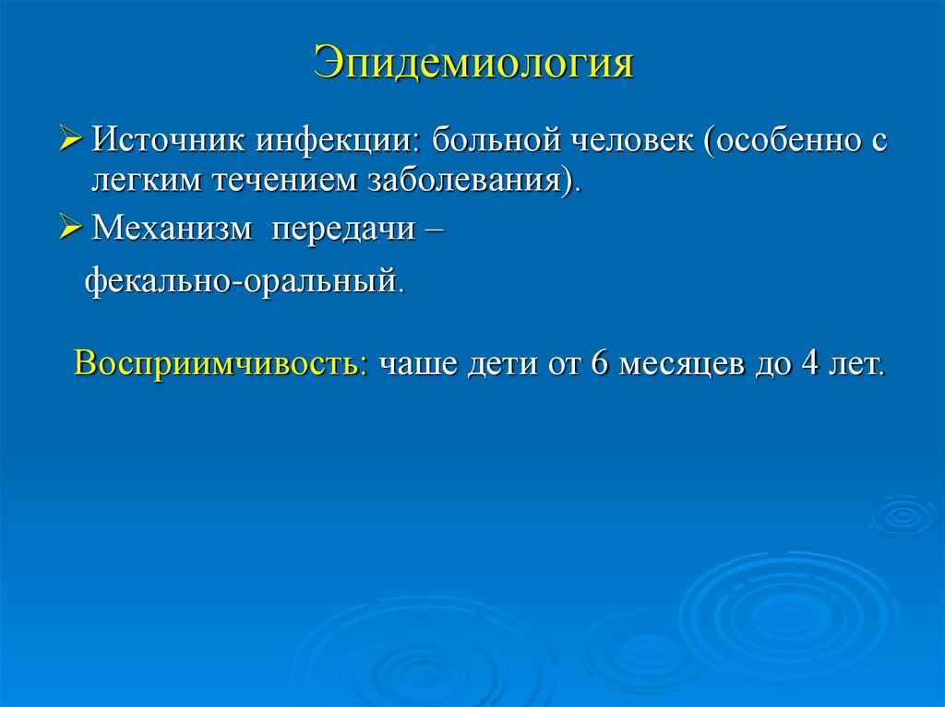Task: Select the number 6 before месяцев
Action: point(597,362)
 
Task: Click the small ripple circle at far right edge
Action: point(903,514)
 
